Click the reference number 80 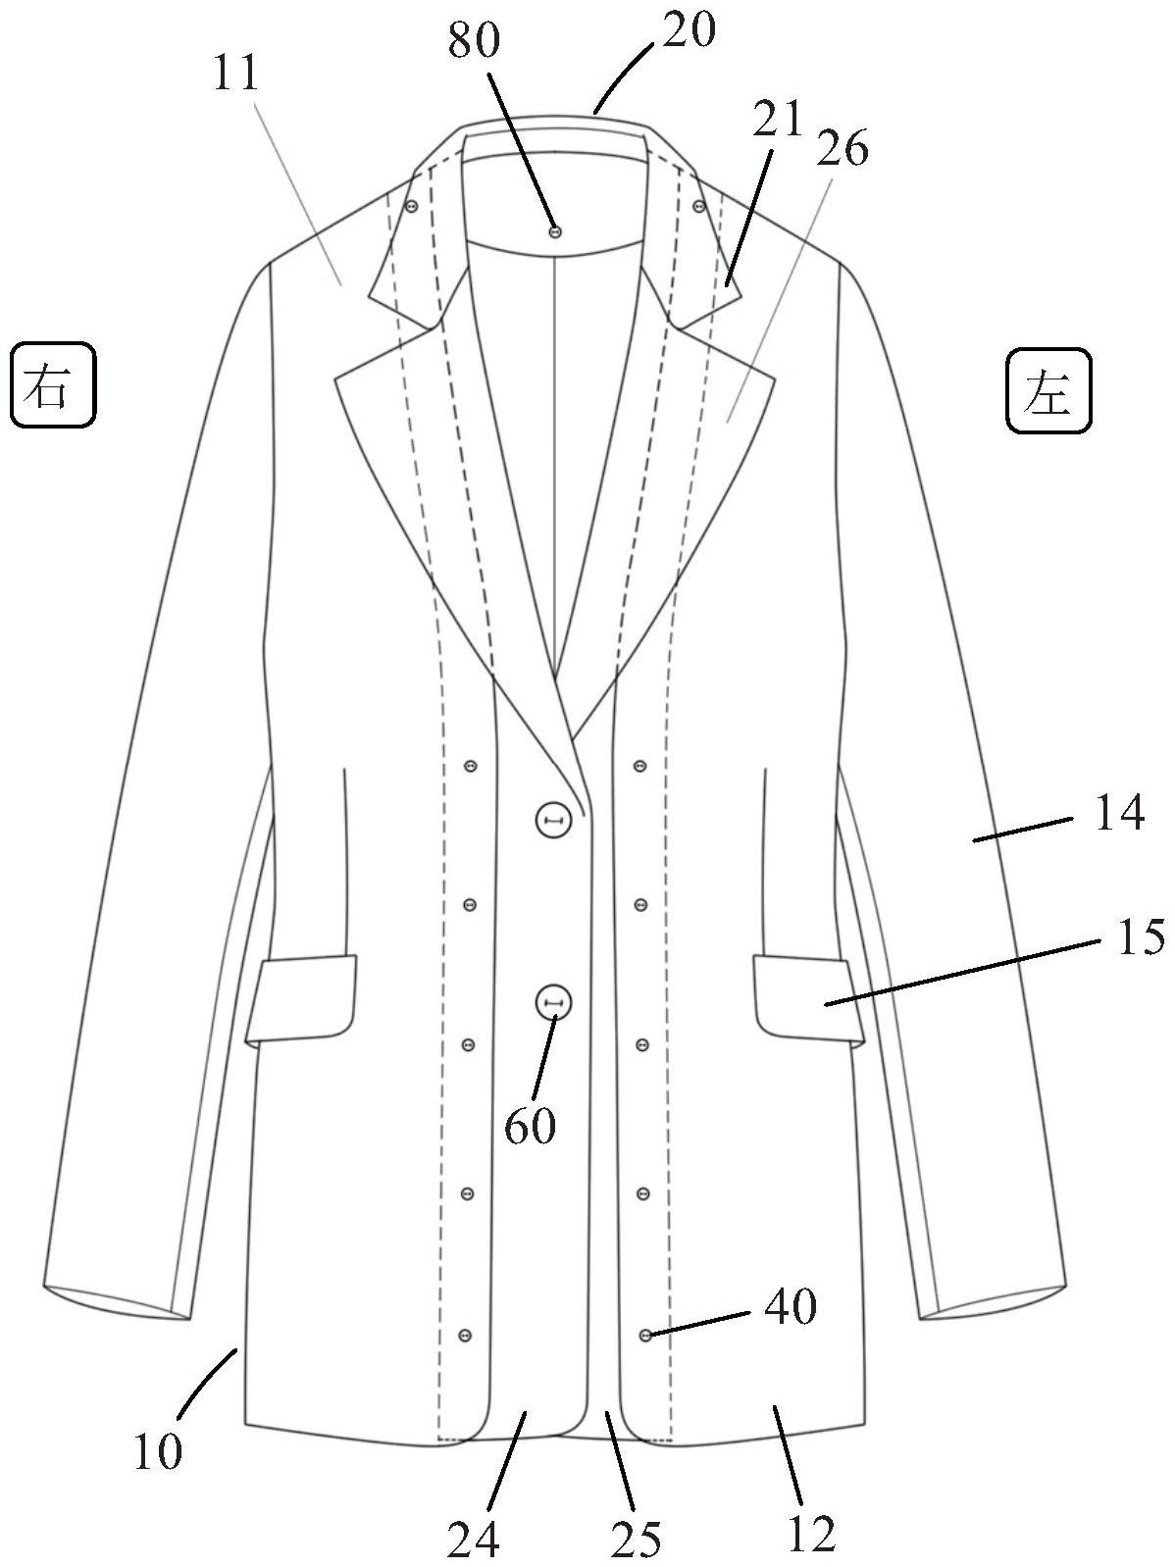[475, 40]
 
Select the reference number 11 [235, 74]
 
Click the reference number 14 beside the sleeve [1119, 814]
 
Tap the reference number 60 [531, 1127]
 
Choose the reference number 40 [791, 1307]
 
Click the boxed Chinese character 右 [53, 384]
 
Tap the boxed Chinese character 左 [1048, 391]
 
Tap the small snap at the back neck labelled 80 [555, 231]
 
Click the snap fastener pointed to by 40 [644, 1335]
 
